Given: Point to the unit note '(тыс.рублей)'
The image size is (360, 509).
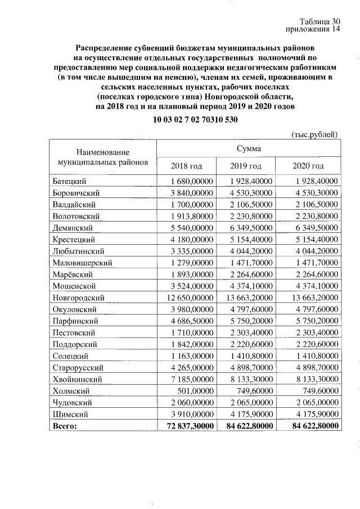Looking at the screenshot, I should tap(315, 134).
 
